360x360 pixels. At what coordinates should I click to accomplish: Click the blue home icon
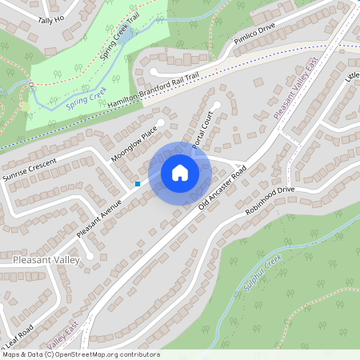click(180, 172)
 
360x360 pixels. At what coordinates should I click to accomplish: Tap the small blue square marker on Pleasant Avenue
click(138, 184)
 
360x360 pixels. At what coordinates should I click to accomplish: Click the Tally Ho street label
click(50, 20)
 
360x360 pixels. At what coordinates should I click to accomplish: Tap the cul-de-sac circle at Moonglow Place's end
click(160, 122)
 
